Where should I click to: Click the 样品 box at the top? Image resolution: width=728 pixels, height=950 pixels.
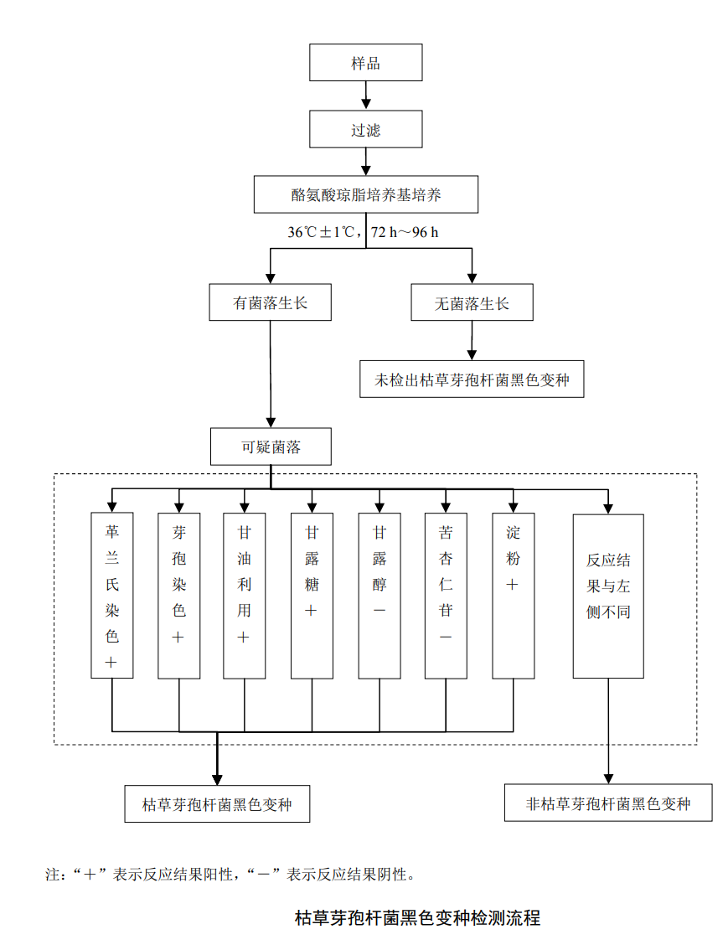click(x=365, y=63)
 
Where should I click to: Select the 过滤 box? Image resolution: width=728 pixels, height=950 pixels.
click(x=365, y=129)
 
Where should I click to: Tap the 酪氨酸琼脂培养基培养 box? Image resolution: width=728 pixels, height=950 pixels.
click(x=365, y=194)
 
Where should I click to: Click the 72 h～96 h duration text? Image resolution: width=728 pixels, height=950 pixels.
click(x=405, y=232)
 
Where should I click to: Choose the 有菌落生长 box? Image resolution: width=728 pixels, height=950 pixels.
click(x=270, y=302)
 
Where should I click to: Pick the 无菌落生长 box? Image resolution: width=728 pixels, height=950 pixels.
click(x=472, y=302)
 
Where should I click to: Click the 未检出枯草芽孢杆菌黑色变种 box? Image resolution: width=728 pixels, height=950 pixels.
click(x=472, y=379)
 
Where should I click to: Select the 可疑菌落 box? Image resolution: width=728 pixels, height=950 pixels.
click(x=270, y=447)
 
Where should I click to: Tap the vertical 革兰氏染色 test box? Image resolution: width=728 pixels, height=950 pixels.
click(x=111, y=595)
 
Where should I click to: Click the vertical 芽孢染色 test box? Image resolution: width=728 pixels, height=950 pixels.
click(x=178, y=595)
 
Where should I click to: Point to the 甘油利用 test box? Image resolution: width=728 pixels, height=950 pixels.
click(x=245, y=595)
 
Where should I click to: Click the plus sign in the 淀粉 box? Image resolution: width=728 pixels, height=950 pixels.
click(x=513, y=585)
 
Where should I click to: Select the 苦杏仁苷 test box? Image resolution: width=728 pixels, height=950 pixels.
click(x=446, y=595)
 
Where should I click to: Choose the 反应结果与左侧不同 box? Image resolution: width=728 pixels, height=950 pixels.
click(x=608, y=595)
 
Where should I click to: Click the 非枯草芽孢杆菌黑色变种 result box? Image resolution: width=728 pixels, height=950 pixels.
click(x=608, y=803)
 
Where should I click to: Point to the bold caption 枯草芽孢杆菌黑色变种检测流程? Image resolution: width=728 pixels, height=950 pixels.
click(x=417, y=917)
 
